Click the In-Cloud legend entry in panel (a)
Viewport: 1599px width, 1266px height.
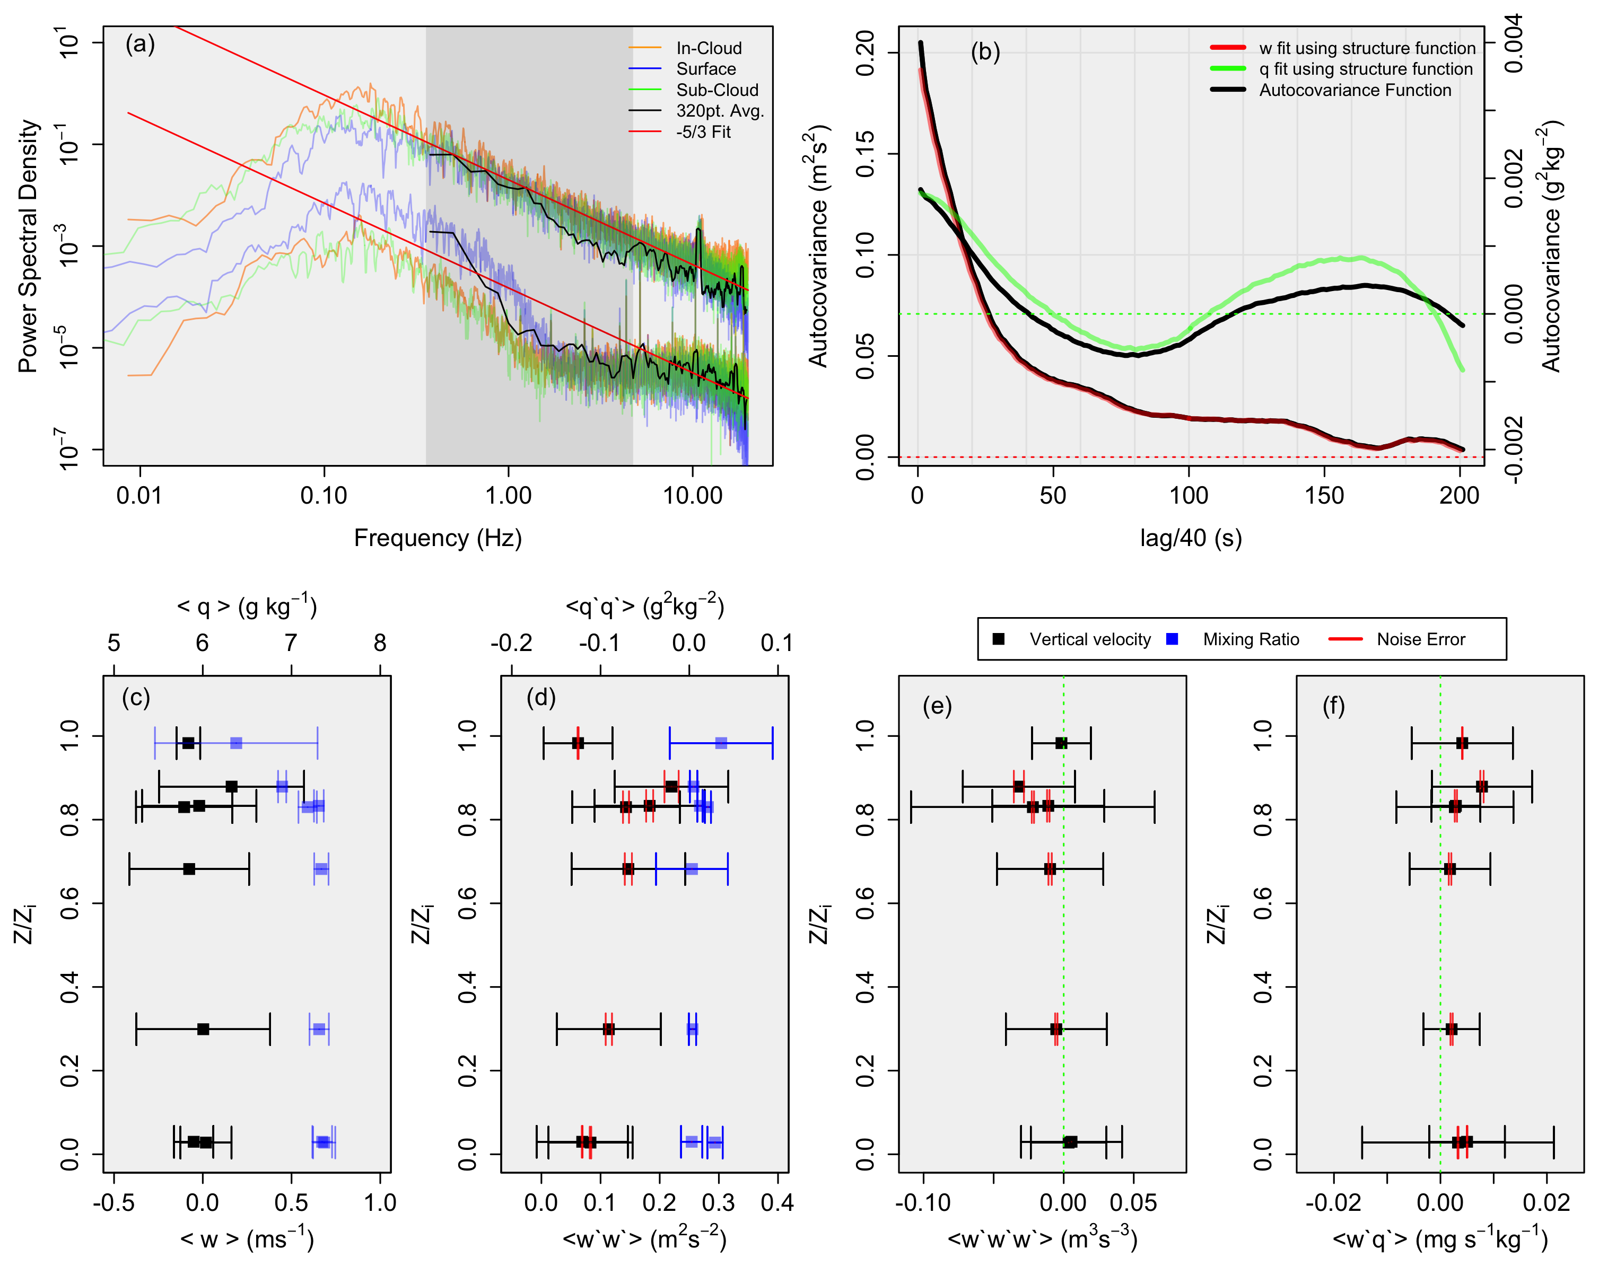click(708, 48)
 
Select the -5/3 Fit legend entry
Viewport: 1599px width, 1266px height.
click(703, 132)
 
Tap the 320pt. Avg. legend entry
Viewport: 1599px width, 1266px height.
click(719, 111)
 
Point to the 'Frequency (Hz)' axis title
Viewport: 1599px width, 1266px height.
click(438, 538)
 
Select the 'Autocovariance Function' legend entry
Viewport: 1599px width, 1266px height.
click(1355, 91)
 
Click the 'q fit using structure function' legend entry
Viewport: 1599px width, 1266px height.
click(1366, 69)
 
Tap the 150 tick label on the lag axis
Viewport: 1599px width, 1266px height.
click(1324, 495)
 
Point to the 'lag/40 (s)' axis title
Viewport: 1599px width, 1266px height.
click(1191, 538)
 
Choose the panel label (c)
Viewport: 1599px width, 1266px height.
click(136, 698)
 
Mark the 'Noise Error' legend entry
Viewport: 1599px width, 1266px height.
click(1420, 639)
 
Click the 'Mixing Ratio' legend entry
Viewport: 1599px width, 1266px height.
click(1251, 639)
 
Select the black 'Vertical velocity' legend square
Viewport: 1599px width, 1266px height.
click(999, 638)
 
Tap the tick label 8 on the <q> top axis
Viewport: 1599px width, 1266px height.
click(380, 643)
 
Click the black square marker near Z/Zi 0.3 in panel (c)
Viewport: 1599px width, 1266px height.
click(203, 1029)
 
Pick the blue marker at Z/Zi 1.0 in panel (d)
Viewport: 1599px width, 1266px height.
click(721, 743)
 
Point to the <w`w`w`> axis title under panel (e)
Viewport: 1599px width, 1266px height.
click(1042, 1238)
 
